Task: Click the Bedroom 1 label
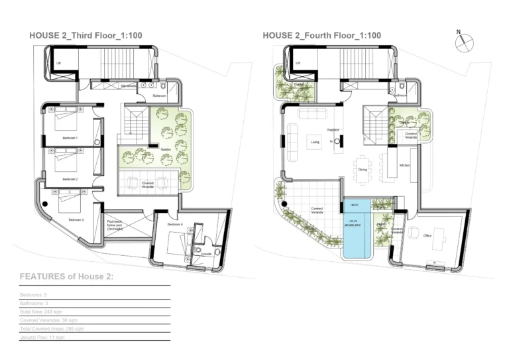click(70, 138)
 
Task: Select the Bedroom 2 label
click(70, 179)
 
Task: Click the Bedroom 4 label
click(175, 225)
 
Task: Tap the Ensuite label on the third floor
click(206, 254)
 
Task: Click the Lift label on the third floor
click(59, 64)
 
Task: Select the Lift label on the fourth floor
click(298, 64)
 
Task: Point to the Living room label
click(315, 141)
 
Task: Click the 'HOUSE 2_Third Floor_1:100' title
click(86, 35)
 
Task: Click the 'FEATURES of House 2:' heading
click(66, 276)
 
